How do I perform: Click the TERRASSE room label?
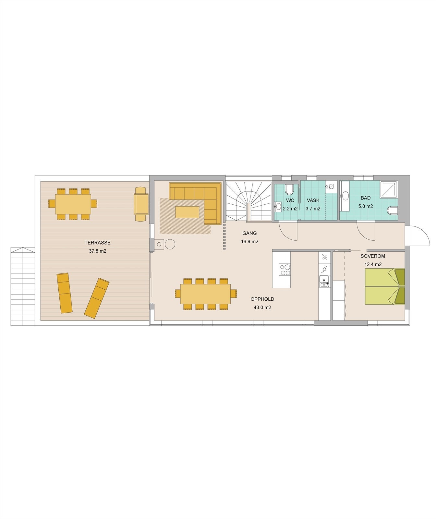(x=97, y=243)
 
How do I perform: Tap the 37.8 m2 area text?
(x=97, y=251)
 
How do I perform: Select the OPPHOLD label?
(x=262, y=299)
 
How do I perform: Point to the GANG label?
(x=249, y=233)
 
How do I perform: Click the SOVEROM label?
(x=373, y=256)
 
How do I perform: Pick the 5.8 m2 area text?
(x=365, y=206)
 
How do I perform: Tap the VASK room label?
(x=313, y=200)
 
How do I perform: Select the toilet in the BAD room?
(x=393, y=211)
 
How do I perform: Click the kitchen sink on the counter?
(x=324, y=281)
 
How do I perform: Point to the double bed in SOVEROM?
(x=385, y=286)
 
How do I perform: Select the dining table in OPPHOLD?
(x=206, y=294)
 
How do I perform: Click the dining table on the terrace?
(x=73, y=204)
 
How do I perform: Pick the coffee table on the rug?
(x=187, y=212)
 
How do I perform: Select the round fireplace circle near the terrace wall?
(x=170, y=244)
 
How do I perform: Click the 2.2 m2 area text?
(x=290, y=209)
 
